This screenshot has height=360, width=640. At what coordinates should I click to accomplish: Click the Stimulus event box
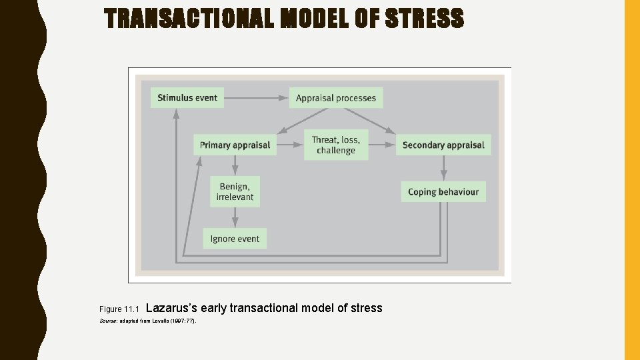point(187,98)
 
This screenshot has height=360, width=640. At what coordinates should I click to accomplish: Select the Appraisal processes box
point(336,98)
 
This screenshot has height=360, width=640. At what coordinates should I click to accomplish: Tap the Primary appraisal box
point(235,145)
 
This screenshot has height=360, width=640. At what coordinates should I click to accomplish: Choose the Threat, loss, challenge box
point(336,145)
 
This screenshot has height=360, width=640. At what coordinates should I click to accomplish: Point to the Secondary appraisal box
point(443,145)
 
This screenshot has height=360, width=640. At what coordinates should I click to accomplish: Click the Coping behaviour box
point(443,192)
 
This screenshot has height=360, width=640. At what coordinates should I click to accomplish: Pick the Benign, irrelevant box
point(235,192)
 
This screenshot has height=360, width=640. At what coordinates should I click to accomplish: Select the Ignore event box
point(235,239)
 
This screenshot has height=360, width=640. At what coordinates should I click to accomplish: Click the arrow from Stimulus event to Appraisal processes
point(256,98)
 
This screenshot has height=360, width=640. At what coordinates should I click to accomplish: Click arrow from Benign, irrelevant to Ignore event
point(235,217)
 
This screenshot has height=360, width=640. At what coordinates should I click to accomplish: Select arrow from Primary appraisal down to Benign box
point(235,165)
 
